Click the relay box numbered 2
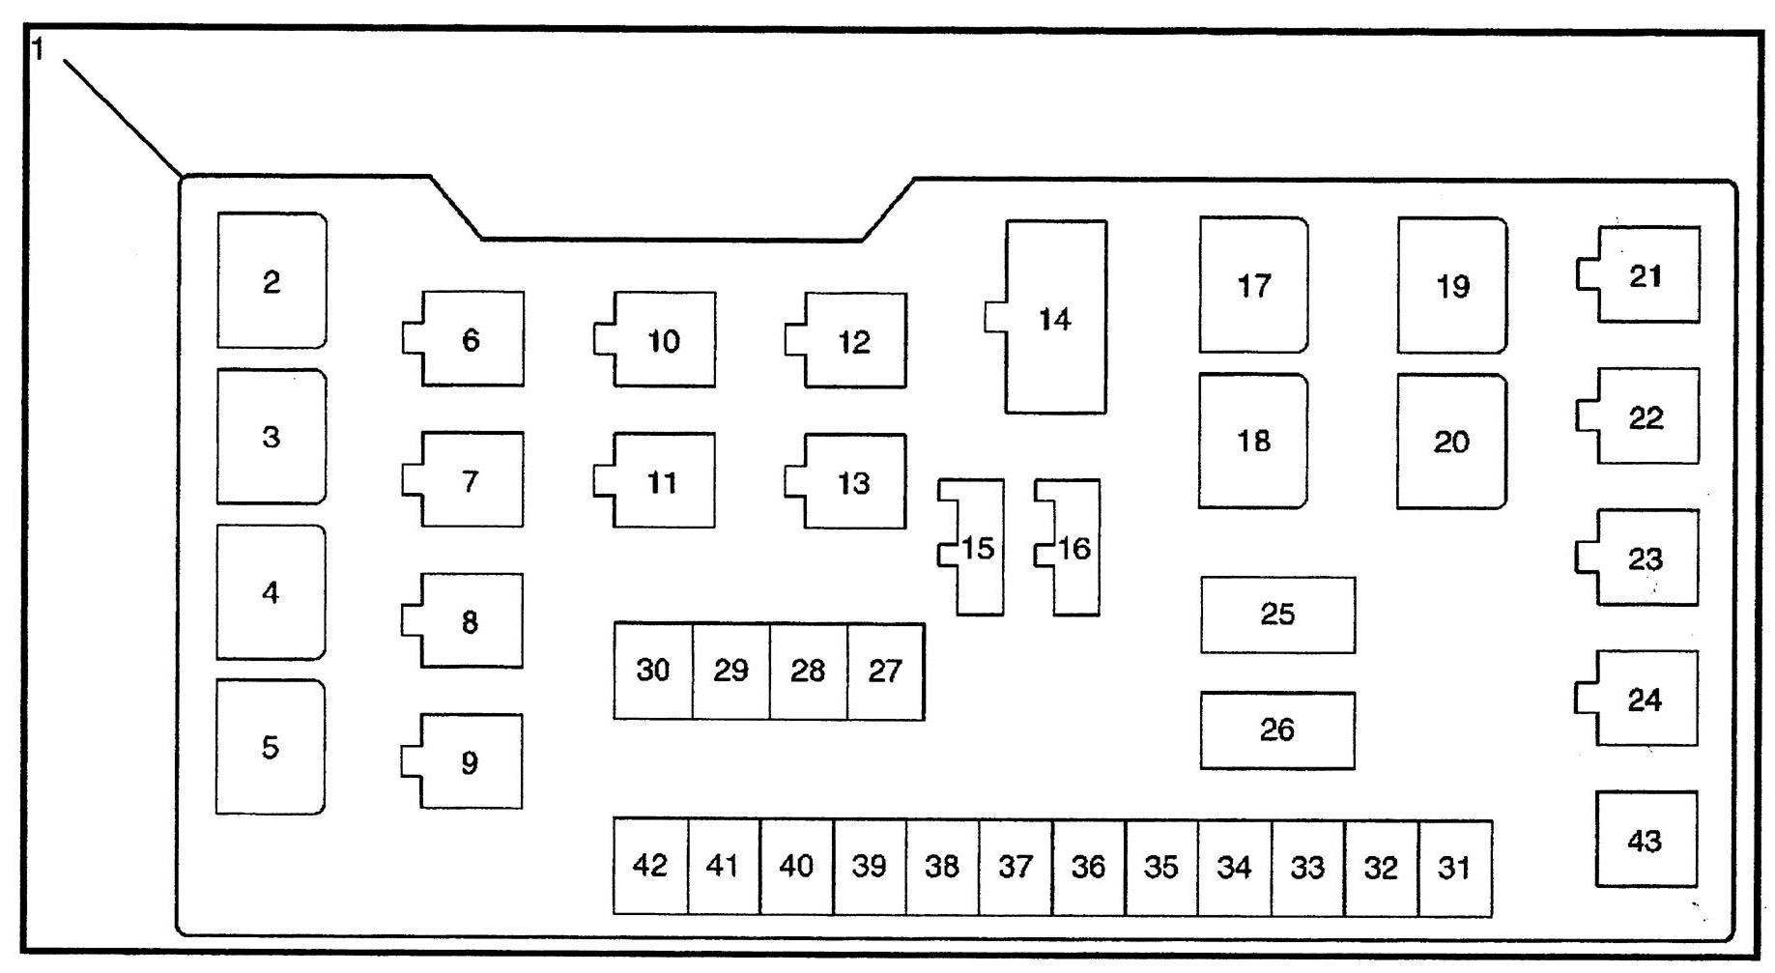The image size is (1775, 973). coord(272,281)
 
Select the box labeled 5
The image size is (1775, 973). coord(271,747)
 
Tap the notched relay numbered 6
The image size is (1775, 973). coord(471,339)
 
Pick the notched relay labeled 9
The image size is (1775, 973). coord(470,762)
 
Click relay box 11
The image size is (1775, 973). coord(662,481)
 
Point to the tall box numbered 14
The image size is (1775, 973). coord(1055,318)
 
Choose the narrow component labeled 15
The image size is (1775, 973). coord(978,548)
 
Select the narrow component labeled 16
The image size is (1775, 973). coord(1074,548)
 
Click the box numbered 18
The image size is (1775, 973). coord(1253,441)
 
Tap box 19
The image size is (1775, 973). coord(1452,286)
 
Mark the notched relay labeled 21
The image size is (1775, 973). coord(1646,275)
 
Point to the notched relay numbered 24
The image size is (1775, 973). coord(1644,699)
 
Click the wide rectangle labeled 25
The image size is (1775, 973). coord(1277,615)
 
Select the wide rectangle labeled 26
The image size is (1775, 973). coord(1277,730)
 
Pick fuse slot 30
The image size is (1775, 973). coord(653,671)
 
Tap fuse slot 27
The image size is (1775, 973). coord(885,671)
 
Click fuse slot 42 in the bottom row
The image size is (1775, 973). coord(650,866)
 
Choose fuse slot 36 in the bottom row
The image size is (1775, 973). coord(1088,867)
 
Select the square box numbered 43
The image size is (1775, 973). coord(1645,840)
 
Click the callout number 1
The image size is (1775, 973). coord(39,48)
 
